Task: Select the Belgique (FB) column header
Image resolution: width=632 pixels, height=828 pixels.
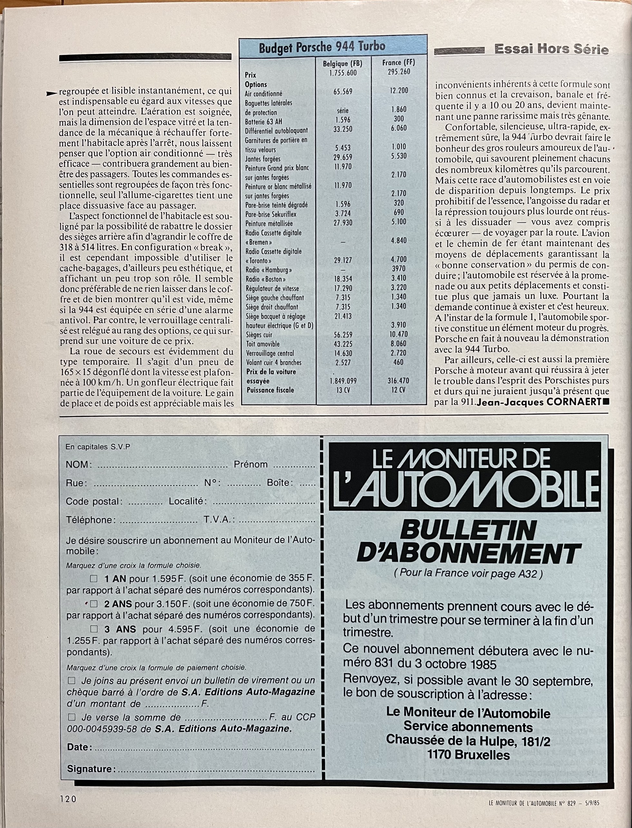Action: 342,64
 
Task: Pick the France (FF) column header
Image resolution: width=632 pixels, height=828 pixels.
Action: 399,62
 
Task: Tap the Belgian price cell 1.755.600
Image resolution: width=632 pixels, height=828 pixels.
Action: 342,73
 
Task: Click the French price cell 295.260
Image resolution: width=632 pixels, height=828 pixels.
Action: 399,72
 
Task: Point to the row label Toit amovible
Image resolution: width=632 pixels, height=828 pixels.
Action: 263,344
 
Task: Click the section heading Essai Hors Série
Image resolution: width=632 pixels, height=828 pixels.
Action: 551,49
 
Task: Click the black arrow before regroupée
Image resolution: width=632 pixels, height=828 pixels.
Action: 52,94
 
